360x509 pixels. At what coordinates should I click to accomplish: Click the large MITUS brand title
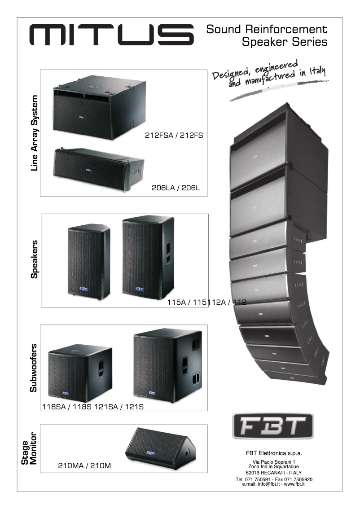coord(112,35)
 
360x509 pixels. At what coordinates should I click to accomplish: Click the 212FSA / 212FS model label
coord(174,135)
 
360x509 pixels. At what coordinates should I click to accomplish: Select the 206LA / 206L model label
coord(179,189)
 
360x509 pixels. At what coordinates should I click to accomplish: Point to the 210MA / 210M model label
coord(84,466)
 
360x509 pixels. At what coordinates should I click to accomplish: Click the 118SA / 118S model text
coord(67,407)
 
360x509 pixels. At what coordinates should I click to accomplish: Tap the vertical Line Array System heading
coord(34,133)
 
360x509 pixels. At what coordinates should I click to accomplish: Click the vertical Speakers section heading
coord(34,259)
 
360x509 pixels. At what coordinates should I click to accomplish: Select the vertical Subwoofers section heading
coord(34,368)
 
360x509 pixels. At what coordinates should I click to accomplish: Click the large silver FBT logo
coord(273,426)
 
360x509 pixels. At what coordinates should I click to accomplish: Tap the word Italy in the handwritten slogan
coord(316,71)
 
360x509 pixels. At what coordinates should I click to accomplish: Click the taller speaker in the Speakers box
coord(149,255)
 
